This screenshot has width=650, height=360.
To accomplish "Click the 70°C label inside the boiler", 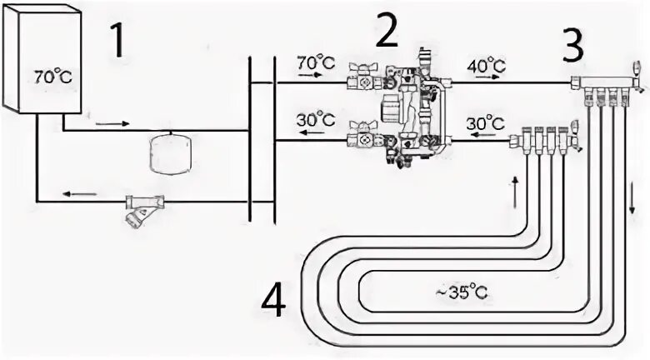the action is coord(52,77).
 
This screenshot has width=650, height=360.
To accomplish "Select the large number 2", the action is coord(387,30).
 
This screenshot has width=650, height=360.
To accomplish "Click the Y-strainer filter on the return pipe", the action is coord(143,210).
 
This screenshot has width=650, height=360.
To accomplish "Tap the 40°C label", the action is coord(487,66).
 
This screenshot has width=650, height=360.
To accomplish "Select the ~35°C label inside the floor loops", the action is coord(462,292).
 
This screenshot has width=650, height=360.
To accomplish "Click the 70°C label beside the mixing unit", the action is coord(316,63).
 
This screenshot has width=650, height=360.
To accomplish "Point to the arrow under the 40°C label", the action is coord(487,77).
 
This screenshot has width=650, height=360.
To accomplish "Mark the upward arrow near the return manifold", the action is coord(515,192).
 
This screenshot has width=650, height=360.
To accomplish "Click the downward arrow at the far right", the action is coord(632,198).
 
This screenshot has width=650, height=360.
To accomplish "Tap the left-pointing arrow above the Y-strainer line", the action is coord(80,193).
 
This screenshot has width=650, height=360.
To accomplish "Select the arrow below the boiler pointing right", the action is coord(112,123).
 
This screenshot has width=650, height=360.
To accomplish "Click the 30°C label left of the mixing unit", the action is coord(316,119).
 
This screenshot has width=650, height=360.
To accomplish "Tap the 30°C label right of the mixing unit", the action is coord(486,123).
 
